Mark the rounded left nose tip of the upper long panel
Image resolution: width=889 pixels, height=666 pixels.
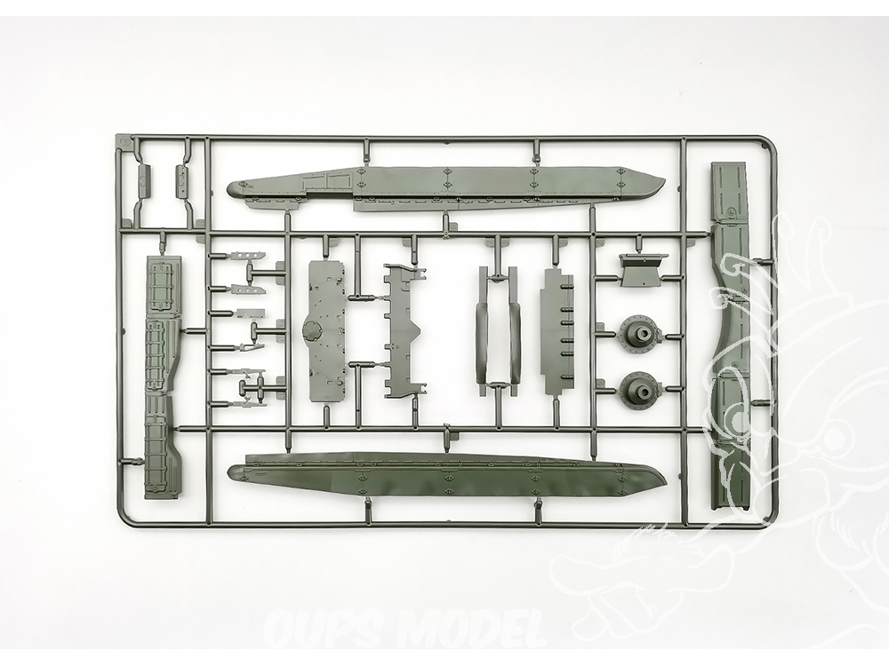pos(228,188)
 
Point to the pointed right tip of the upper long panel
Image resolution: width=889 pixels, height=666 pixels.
pos(666,180)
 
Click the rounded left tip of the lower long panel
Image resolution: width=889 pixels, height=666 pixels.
pos(228,472)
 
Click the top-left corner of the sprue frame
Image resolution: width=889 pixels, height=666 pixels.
pos(116,135)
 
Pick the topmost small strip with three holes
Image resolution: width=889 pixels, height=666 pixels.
pos(249,256)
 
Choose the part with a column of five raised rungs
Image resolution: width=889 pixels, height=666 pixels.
pos(558,332)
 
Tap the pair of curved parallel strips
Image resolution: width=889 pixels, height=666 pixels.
pos(499,331)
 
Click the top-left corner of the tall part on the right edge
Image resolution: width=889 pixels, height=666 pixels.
pos(710,163)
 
